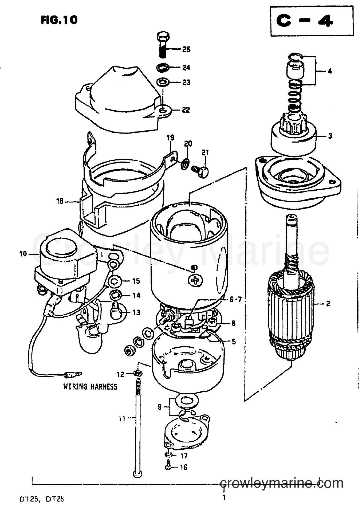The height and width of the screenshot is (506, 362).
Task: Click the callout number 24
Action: (x=186, y=68)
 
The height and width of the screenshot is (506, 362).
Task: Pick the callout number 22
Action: (x=186, y=110)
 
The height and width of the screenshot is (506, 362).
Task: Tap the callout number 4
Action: (x=330, y=71)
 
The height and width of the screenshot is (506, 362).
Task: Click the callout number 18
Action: (x=60, y=201)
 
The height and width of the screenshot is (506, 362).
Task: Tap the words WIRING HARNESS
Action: (x=90, y=386)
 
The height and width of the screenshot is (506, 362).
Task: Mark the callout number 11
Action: (x=122, y=418)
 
